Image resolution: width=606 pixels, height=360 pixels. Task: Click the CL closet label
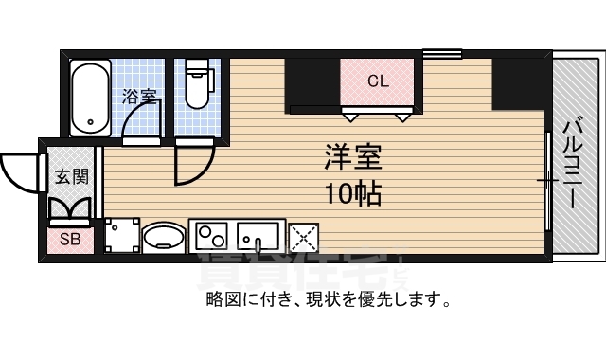coord(378,81)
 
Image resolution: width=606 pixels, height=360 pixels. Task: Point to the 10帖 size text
coord(352,194)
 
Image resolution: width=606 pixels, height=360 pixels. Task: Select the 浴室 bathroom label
coord(139,96)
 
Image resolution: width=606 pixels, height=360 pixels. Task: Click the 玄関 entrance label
coord(69,176)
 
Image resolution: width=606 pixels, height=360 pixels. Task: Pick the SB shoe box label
coord(70,239)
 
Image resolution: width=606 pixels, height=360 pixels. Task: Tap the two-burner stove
coord(211,234)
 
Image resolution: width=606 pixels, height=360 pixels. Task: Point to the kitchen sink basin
coord(258,234)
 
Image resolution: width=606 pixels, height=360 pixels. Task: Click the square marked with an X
coord(305,236)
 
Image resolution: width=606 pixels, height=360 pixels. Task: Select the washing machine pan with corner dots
coord(122,236)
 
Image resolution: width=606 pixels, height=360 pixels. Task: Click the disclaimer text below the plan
coord(327,301)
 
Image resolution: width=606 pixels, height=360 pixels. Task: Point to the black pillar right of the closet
coord(515,83)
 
